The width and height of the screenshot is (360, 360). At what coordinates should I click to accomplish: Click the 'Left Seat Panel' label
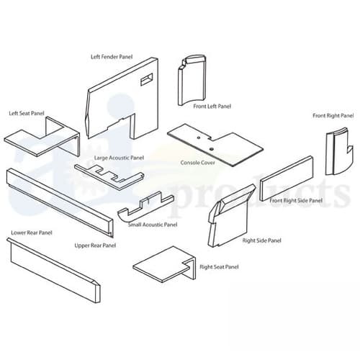[x=25, y=113]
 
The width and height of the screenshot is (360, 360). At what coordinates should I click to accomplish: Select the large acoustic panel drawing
[x=108, y=174]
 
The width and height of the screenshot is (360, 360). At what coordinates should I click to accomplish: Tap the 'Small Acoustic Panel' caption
[x=152, y=225]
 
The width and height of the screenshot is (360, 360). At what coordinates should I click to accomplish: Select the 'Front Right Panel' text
[x=333, y=115]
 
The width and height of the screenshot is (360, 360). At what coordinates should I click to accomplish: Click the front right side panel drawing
[x=286, y=177]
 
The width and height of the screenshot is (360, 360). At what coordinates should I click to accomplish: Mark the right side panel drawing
[x=229, y=216]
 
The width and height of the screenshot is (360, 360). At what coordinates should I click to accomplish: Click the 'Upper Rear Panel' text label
[x=95, y=246]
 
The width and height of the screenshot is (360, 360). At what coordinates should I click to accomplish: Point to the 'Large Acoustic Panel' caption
[x=119, y=157]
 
